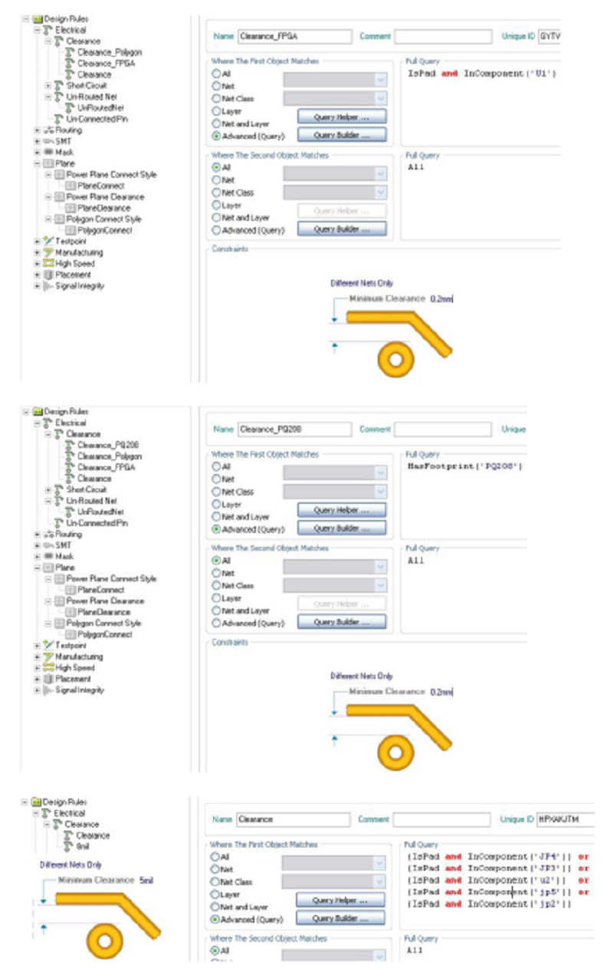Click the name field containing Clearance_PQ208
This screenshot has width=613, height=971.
[293, 430]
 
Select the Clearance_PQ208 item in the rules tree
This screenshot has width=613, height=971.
[108, 445]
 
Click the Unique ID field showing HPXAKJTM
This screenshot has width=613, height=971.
[565, 819]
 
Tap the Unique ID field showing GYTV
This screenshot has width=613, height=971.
[549, 36]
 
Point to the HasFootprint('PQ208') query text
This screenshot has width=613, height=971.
[465, 466]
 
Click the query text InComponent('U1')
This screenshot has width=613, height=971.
[510, 74]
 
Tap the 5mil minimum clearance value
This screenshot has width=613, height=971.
[146, 880]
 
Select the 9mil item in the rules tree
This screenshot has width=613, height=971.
[84, 846]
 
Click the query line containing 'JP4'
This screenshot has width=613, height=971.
[490, 857]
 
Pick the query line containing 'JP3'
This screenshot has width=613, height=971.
[490, 868]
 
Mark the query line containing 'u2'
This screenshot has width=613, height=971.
[490, 880]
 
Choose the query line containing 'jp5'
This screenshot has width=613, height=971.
[490, 892]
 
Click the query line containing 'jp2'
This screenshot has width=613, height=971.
[490, 904]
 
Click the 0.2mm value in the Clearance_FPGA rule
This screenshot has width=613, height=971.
[441, 298]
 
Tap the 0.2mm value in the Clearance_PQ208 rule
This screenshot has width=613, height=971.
[441, 692]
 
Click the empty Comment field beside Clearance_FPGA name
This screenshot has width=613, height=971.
[443, 36]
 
